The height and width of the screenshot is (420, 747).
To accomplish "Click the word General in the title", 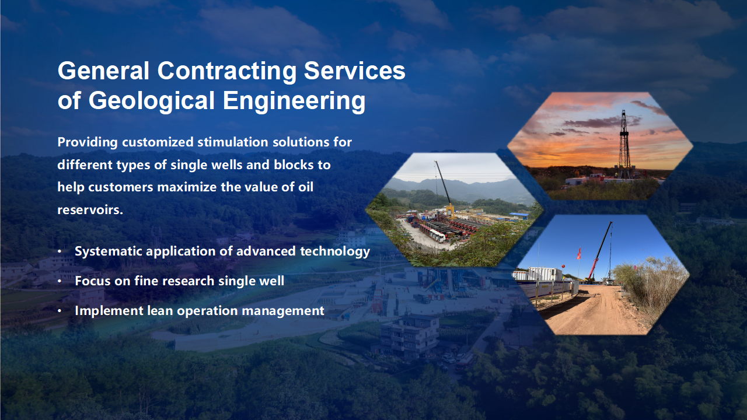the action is [103, 71].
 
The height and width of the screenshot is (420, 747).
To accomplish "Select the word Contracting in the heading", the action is [227, 71].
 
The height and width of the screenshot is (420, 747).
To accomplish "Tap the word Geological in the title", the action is [151, 101].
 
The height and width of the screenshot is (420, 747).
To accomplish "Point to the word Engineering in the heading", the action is [294, 101].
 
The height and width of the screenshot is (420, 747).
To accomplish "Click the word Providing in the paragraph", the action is [88, 143].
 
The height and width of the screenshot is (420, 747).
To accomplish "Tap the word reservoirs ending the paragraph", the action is [90, 210].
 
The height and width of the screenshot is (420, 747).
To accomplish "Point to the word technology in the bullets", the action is [335, 251].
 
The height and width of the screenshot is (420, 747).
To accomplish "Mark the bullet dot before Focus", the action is [60, 281].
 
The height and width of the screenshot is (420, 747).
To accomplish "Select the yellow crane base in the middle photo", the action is [450, 211].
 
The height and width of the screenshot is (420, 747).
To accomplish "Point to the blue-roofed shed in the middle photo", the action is [519, 216].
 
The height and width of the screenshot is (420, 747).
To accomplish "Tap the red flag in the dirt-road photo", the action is [580, 254].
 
